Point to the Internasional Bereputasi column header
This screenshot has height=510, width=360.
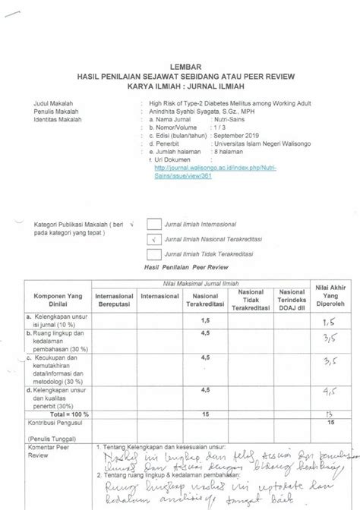point(112,297)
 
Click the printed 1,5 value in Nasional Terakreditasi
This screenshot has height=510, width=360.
point(205,320)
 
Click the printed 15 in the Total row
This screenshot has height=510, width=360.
point(205,414)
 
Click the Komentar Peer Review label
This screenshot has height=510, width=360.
point(47,453)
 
